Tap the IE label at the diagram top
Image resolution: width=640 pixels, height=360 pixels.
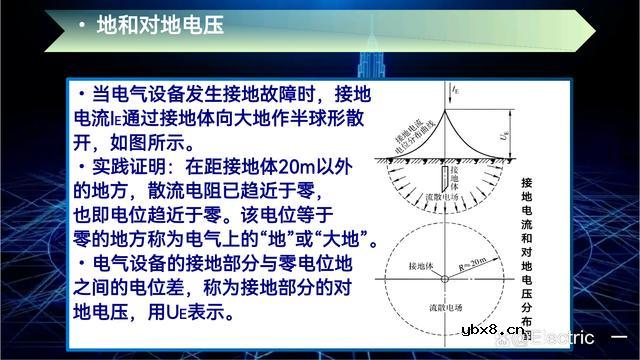tap(456, 90)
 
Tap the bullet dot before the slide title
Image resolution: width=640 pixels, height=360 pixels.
tap(81, 26)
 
